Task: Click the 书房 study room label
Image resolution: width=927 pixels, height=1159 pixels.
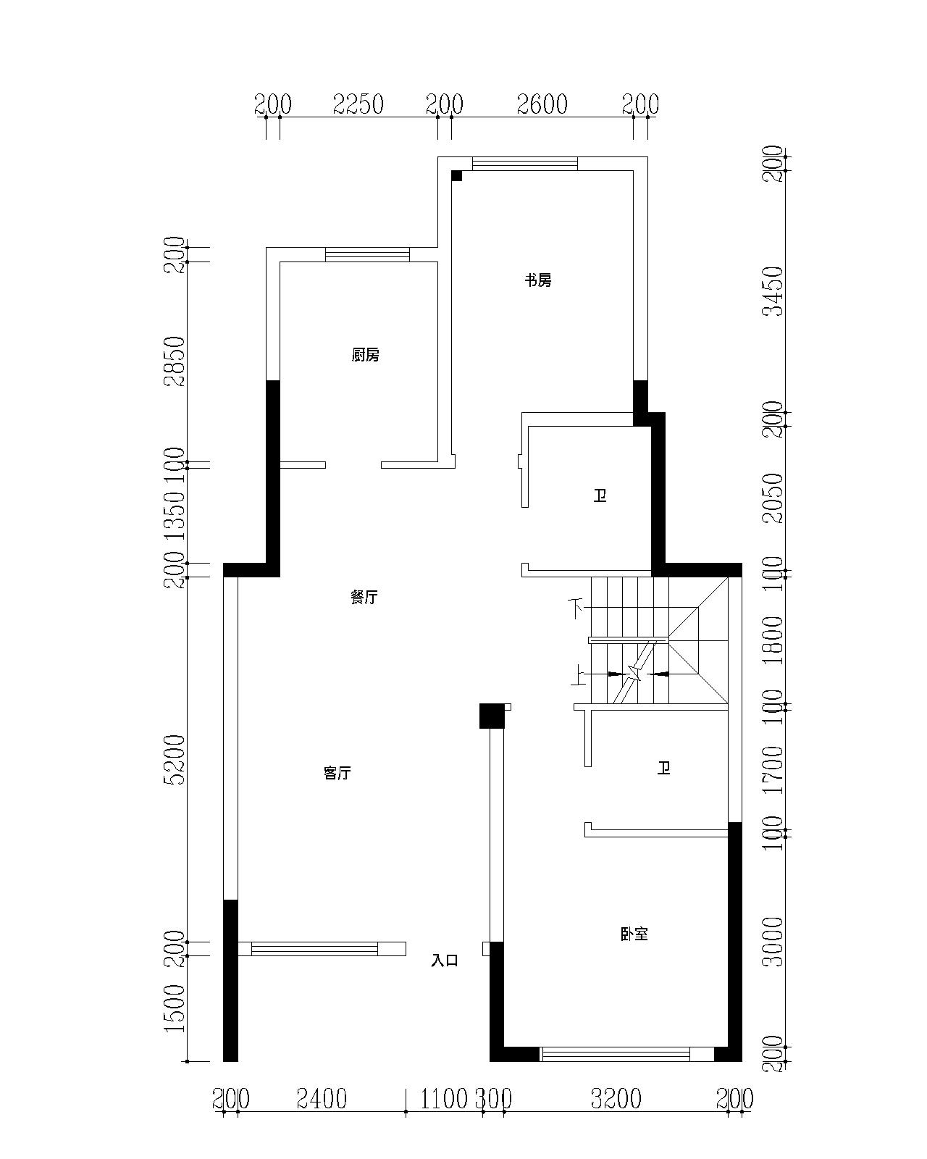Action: point(538,280)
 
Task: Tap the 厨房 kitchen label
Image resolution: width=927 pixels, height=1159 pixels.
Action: point(365,355)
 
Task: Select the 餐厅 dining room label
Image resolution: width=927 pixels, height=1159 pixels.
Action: point(364,597)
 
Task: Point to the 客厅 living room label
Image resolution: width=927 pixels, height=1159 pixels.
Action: point(337,773)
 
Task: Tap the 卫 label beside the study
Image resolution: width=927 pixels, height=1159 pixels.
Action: point(600,495)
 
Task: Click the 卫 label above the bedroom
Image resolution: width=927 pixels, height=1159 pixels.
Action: point(663,768)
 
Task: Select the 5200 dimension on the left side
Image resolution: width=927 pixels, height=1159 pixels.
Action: point(176,760)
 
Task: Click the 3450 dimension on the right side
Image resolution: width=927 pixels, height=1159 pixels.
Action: point(775,290)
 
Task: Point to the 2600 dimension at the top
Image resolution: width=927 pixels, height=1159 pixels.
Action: point(542,104)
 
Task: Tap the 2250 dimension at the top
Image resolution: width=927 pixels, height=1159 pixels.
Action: point(358,104)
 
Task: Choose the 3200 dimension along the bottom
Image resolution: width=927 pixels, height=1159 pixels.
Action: point(616,1099)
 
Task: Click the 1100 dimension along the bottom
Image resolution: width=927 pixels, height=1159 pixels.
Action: point(444,1099)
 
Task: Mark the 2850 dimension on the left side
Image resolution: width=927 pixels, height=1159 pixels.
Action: point(176,362)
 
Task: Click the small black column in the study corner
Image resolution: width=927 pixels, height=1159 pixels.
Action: point(456,175)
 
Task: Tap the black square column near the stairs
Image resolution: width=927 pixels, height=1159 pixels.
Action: point(492,716)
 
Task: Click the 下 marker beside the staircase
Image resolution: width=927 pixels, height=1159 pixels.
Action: point(576,609)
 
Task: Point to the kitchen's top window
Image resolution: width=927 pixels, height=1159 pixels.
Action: point(367,254)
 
